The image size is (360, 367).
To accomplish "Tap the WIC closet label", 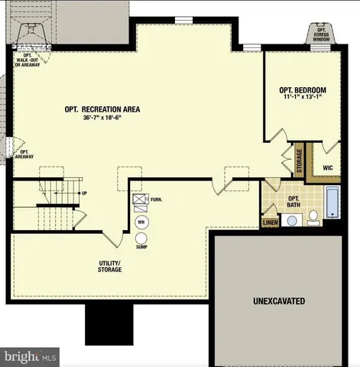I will tap(327, 167).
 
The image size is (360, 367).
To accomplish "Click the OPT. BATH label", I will tap(294, 201).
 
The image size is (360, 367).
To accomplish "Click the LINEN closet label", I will tap(270, 223).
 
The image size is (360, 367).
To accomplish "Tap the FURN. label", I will tap(157, 200).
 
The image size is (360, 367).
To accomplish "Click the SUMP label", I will tap(141, 247).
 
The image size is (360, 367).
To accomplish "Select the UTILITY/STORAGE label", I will tap(110, 266).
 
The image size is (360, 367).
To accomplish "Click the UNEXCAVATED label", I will tap(279, 301).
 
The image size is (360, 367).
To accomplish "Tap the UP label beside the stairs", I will tap(84, 193).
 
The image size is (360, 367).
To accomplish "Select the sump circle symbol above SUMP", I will tap(141, 237).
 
